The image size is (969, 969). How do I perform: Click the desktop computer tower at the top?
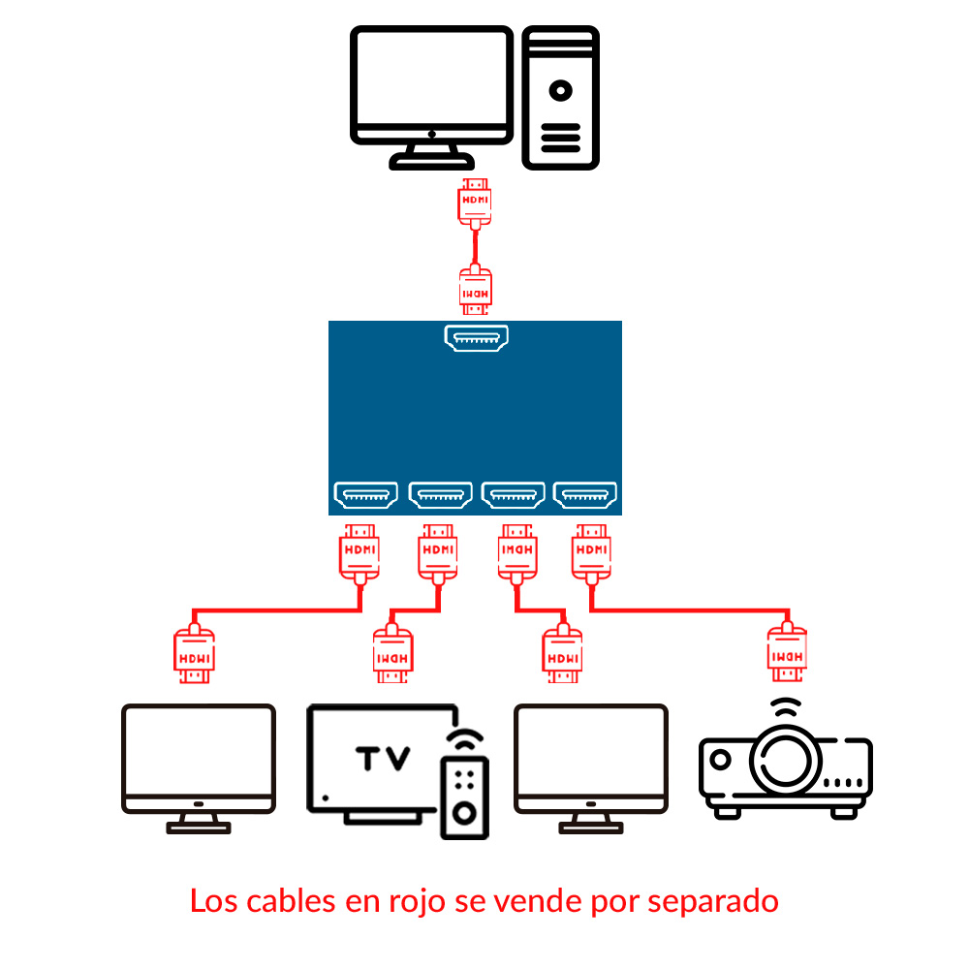click(560, 97)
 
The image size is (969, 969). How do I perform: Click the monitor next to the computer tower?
click(431, 87)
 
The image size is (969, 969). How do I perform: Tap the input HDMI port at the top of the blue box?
click(477, 338)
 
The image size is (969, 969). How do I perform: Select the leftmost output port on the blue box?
click(365, 495)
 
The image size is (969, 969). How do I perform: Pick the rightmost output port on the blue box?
click(585, 495)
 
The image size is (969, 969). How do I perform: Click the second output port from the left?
click(441, 495)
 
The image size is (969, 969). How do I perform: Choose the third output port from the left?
click(514, 495)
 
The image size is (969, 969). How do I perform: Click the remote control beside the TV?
click(464, 790)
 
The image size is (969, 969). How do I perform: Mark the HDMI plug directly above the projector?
click(786, 656)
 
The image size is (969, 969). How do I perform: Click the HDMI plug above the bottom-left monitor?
click(194, 656)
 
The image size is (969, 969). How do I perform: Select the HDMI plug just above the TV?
click(392, 656)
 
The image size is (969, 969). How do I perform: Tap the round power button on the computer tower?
click(560, 90)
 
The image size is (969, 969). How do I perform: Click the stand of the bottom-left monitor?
click(199, 822)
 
